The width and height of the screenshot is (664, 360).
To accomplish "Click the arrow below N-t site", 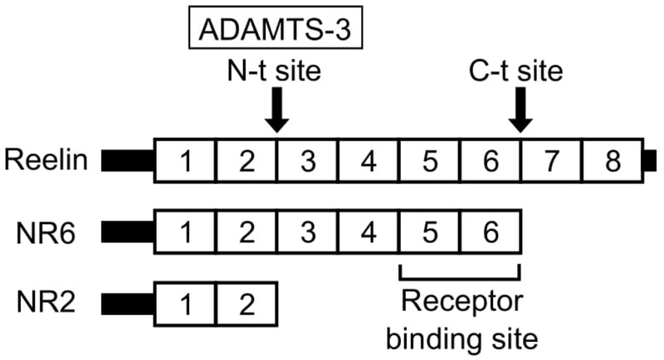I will click(276, 111).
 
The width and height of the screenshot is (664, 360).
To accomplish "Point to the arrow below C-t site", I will click(520, 111).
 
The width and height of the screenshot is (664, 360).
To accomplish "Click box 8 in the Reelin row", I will click(613, 161).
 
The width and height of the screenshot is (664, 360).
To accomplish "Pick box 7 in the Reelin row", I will click(552, 161).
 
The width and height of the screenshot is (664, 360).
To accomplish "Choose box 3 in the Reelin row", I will click(307, 161).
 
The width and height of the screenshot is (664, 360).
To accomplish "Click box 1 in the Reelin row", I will click(186, 161).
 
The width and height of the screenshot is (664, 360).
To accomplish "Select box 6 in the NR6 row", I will click(491, 233).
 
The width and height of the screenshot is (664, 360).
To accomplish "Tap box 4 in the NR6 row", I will click(369, 233).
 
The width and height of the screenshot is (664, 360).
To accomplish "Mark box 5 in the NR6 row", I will click(430, 233).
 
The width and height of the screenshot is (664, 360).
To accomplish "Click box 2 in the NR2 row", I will click(247, 304).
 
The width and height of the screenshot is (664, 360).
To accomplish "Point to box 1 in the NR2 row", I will click(186, 304).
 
